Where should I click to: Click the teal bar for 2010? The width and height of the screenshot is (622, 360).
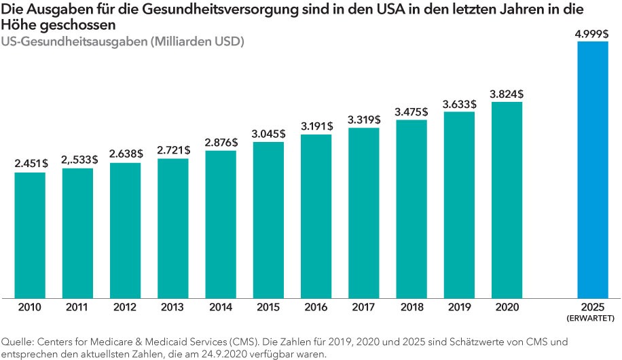(x=30, y=234)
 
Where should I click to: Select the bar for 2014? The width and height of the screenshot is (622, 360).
(x=221, y=223)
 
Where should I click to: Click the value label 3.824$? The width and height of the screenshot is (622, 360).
(x=507, y=93)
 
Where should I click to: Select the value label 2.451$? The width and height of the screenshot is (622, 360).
(x=30, y=164)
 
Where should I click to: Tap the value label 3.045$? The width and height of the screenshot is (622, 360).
(x=268, y=134)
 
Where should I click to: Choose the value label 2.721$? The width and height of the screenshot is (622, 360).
(x=173, y=149)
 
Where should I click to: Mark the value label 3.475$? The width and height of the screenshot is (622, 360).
(x=411, y=111)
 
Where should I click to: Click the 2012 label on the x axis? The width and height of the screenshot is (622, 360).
(x=125, y=307)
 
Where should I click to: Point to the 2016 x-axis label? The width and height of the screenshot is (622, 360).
(x=316, y=307)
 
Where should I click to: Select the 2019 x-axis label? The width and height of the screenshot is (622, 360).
(x=459, y=307)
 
